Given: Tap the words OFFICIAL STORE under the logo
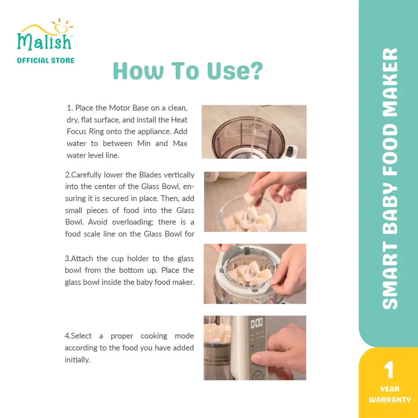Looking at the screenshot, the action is [46, 60].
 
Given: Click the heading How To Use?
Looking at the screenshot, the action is [188, 71].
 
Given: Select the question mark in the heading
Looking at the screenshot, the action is [257, 71].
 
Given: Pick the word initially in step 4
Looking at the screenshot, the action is [77, 360].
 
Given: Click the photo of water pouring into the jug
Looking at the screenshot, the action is [254, 132].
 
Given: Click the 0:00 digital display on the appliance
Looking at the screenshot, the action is [257, 323].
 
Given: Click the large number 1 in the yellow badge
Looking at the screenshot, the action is [389, 370].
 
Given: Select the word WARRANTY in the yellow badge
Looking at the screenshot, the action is [390, 399].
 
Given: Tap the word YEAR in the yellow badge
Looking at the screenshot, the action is [390, 389].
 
